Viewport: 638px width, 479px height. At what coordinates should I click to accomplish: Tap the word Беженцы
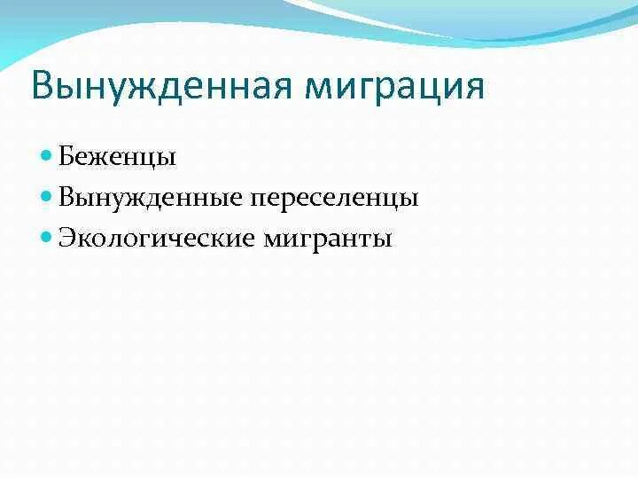pyautogui.click(x=117, y=158)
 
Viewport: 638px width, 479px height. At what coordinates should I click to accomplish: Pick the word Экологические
pyautogui.click(x=158, y=238)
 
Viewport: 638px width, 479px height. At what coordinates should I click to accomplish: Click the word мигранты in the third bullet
pyautogui.click(x=329, y=238)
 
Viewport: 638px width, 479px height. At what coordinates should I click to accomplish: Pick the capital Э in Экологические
pyautogui.click(x=67, y=238)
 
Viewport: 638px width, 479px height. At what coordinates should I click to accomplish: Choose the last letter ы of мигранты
pyautogui.click(x=382, y=239)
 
